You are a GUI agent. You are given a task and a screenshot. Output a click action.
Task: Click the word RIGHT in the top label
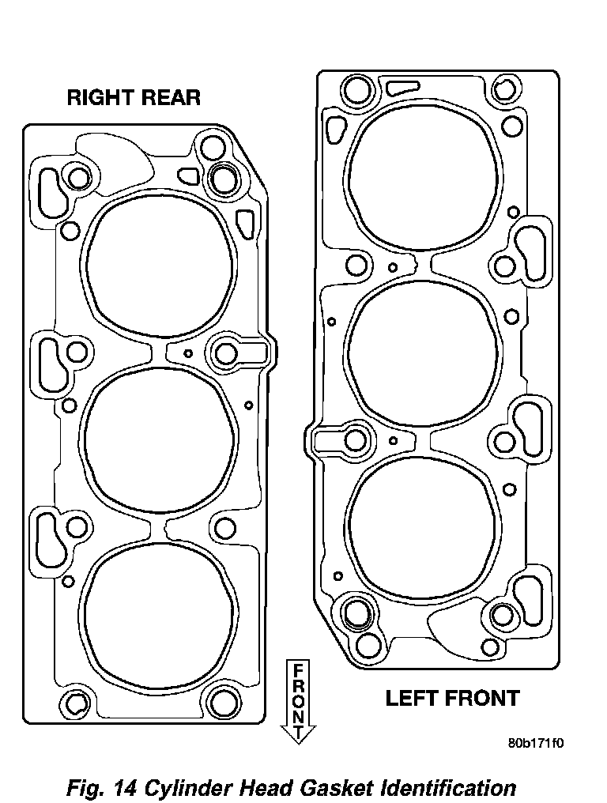point(99,97)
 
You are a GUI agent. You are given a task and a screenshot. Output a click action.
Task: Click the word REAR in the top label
point(168,97)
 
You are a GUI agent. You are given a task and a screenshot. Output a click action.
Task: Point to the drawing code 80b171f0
point(535,743)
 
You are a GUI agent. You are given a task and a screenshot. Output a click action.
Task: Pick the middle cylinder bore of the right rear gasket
point(161,440)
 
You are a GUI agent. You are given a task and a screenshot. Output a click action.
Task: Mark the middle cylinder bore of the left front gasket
point(423,352)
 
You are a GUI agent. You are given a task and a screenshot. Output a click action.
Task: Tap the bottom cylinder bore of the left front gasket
point(423,529)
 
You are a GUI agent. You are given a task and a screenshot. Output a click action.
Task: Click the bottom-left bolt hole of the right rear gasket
point(76,703)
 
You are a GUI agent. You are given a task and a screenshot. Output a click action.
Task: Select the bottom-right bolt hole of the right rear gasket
point(222,701)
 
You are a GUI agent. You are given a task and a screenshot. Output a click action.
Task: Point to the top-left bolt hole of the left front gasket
point(357,91)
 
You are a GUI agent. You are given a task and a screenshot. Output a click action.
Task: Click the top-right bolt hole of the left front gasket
point(504,89)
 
